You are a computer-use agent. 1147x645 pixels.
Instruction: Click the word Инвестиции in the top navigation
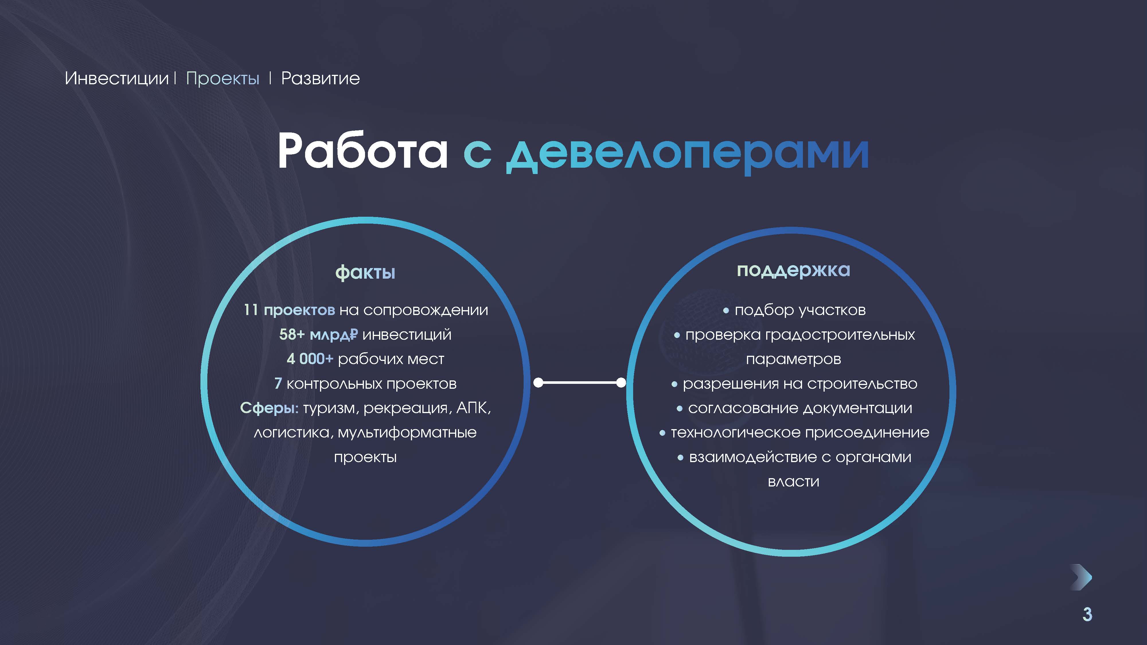click(117, 78)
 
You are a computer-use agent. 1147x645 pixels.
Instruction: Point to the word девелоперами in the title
click(688, 154)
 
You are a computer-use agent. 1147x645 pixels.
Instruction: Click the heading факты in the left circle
click(365, 272)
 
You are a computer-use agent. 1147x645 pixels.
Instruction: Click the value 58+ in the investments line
click(292, 334)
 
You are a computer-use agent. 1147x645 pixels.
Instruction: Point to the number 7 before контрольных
click(278, 383)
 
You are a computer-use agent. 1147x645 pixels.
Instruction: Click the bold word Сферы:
click(269, 408)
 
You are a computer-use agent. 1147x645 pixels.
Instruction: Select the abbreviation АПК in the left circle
click(473, 408)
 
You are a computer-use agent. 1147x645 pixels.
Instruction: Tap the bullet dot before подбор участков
click(726, 311)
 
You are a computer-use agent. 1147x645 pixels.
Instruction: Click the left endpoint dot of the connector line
click(538, 382)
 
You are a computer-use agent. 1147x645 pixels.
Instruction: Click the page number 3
click(1087, 614)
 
